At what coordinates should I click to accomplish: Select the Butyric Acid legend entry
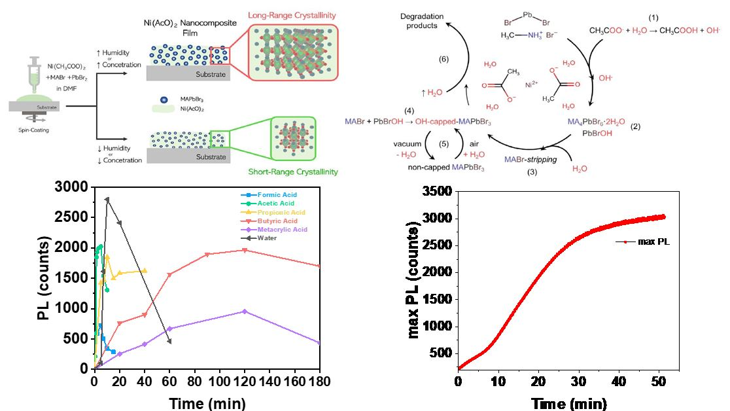pyautogui.click(x=278, y=221)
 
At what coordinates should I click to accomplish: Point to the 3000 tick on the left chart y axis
pyautogui.click(x=77, y=187)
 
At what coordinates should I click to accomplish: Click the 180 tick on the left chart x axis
pyautogui.click(x=319, y=380)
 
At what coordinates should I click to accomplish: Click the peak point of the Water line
pyautogui.click(x=107, y=199)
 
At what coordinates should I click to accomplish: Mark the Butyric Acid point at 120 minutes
pyautogui.click(x=244, y=249)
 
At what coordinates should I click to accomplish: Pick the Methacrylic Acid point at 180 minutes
pyautogui.click(x=319, y=343)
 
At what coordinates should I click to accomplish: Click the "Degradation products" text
pyautogui.click(x=421, y=20)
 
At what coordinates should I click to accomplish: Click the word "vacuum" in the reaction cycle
pyautogui.click(x=407, y=143)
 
